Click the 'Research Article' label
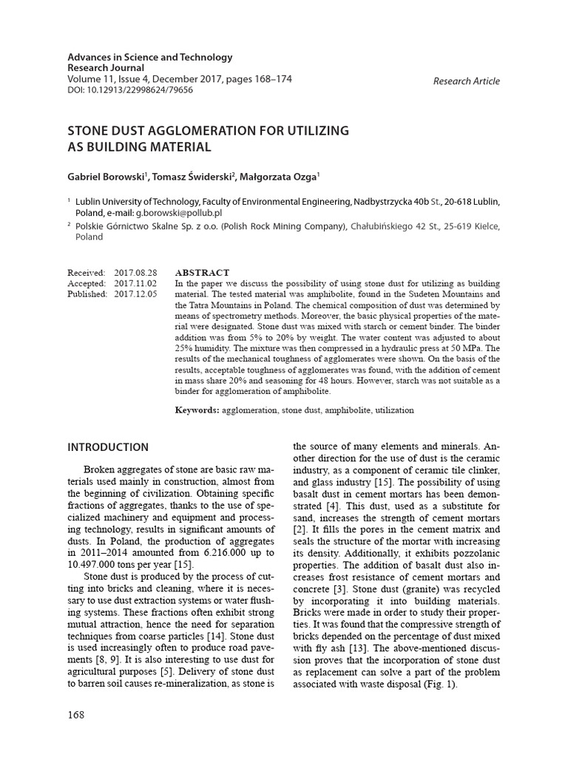(x=466, y=81)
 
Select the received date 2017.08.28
(x=135, y=273)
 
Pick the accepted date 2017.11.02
(x=135, y=283)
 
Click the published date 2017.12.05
(x=135, y=293)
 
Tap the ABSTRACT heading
(x=202, y=273)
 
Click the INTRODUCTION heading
(x=108, y=447)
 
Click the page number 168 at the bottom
(x=76, y=714)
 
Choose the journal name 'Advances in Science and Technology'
(x=150, y=57)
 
